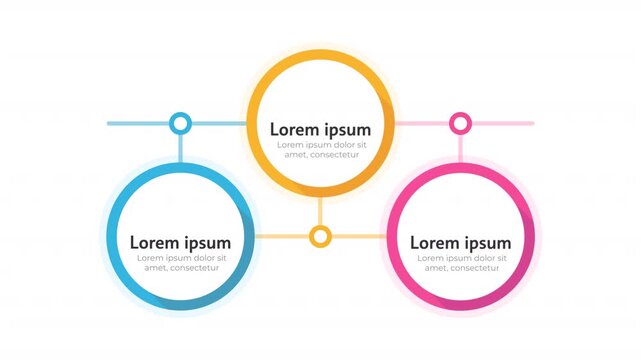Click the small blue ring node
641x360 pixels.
click(180, 123)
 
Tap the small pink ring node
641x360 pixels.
click(460, 123)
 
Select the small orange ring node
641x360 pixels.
click(320, 236)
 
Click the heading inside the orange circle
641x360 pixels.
click(320, 130)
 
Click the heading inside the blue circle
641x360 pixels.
click(180, 243)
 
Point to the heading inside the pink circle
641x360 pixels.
click(460, 243)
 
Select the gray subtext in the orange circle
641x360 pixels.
click(320, 150)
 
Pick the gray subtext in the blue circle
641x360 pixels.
click(180, 263)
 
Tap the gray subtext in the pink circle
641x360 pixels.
click(460, 263)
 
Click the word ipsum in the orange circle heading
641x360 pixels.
click(347, 130)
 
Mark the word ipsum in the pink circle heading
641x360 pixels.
click(487, 243)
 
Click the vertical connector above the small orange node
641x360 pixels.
click(320, 211)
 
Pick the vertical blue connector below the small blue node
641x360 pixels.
click(180, 147)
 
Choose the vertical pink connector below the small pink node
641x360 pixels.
click(460, 147)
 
